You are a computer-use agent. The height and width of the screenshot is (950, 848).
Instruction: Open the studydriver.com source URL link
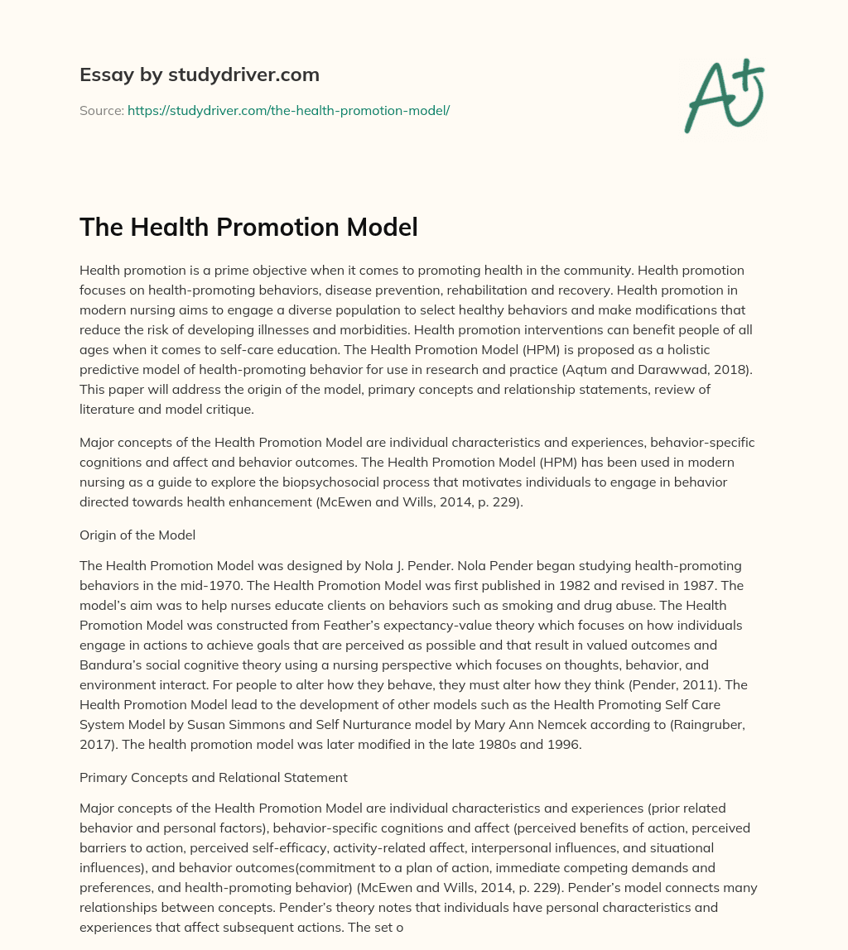tap(288, 110)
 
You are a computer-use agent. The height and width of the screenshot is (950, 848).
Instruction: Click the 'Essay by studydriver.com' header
tap(199, 74)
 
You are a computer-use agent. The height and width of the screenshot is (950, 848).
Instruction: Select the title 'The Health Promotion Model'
tap(248, 226)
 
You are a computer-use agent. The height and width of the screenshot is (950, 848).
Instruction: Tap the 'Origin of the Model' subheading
tap(137, 535)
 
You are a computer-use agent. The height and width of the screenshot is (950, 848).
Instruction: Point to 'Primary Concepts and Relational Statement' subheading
tap(213, 777)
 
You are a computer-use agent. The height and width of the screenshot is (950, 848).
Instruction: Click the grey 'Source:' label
tap(102, 110)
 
